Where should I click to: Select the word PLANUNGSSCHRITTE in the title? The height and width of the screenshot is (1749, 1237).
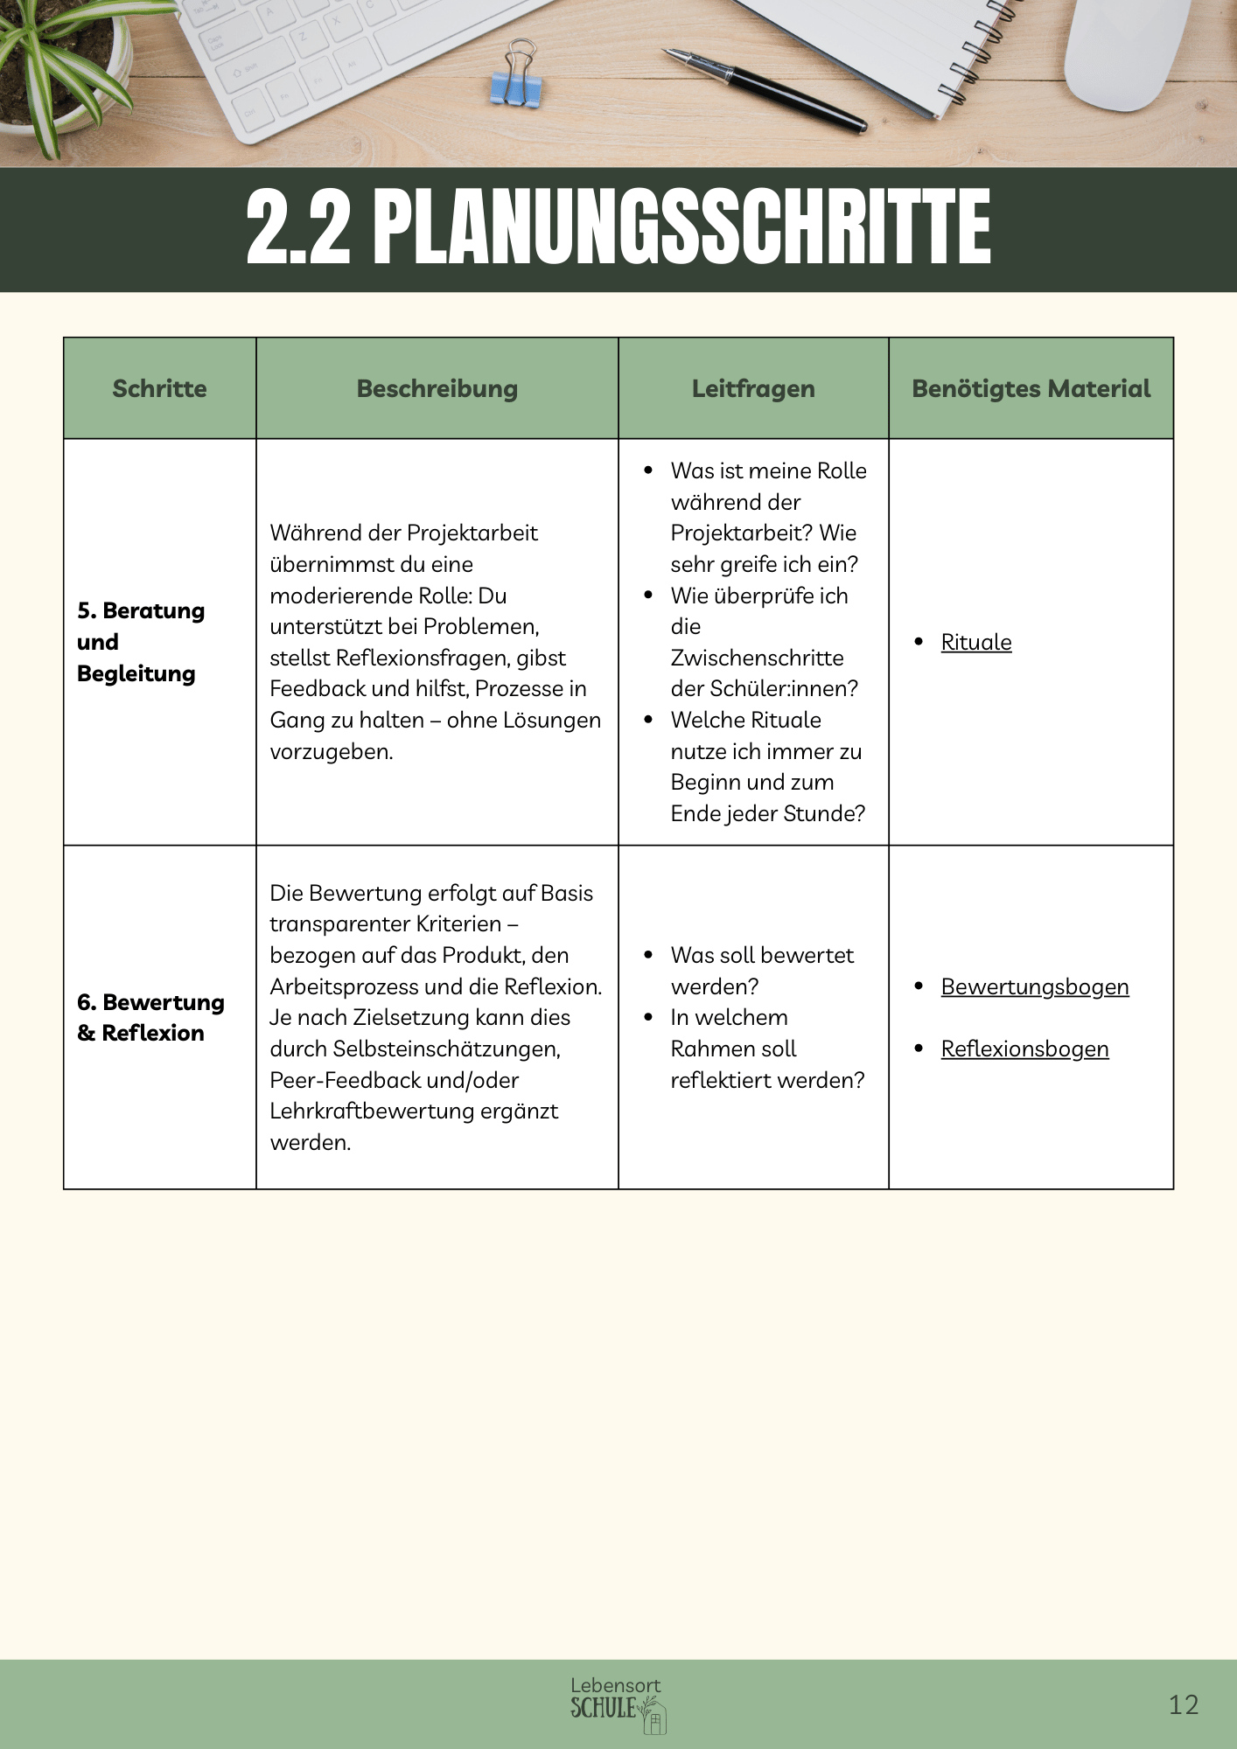[x=682, y=227]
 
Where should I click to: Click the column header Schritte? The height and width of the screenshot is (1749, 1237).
[x=159, y=388]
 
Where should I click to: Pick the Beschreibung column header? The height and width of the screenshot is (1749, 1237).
[x=437, y=388]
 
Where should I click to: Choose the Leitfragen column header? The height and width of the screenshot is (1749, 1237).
[x=753, y=388]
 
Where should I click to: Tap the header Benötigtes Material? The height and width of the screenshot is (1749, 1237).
[x=1031, y=388]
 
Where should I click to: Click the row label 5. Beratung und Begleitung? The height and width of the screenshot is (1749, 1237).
[x=140, y=642]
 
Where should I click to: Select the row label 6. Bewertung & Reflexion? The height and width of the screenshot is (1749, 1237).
[x=150, y=1017]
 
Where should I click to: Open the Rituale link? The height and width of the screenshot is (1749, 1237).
[x=976, y=642]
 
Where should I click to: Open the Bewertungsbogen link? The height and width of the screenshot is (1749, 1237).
[x=1035, y=986]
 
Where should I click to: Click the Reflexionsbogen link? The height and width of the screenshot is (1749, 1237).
[x=1024, y=1049]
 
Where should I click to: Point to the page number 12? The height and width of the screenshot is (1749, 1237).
[x=1183, y=1704]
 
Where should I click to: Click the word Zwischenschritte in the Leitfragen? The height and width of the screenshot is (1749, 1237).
[x=757, y=658]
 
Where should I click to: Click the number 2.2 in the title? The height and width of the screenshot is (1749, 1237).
[x=298, y=227]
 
